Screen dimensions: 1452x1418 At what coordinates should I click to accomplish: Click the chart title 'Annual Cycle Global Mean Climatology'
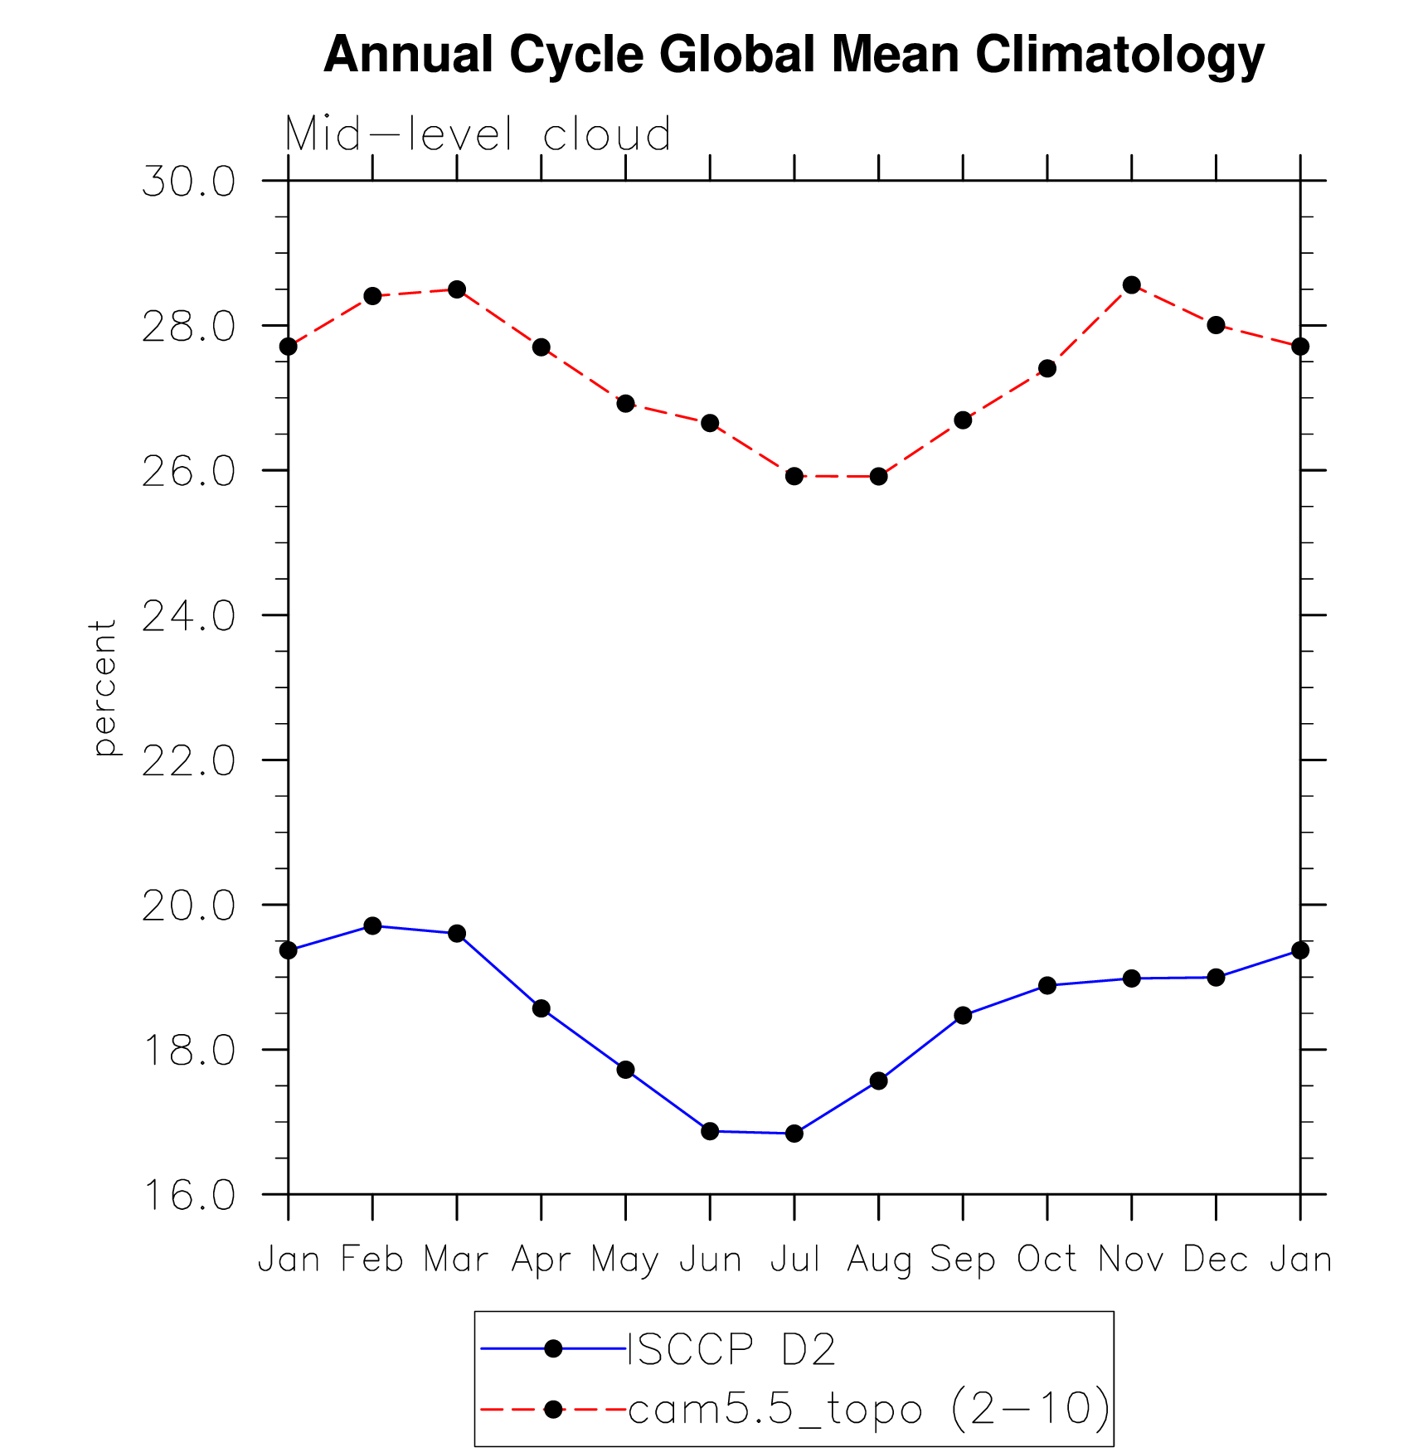[794, 55]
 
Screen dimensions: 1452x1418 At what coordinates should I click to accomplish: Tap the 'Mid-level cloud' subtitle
[478, 134]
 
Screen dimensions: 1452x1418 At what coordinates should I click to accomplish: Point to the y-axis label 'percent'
[104, 687]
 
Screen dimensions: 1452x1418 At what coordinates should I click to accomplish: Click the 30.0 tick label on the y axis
[188, 182]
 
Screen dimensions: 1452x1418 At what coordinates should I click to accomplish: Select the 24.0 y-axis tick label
[188, 616]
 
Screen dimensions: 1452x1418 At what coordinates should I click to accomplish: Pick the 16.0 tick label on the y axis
[188, 1195]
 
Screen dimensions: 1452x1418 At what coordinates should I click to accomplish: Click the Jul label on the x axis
[794, 1260]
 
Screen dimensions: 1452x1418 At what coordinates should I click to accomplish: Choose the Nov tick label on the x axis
[1131, 1260]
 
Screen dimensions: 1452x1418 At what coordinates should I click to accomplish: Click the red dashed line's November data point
[1131, 285]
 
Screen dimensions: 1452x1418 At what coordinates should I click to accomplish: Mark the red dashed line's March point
[457, 289]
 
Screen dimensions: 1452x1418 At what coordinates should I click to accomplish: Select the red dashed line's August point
[878, 476]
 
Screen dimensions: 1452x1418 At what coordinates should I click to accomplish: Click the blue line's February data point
[372, 925]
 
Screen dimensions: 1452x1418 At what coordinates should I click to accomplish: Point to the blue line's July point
[794, 1133]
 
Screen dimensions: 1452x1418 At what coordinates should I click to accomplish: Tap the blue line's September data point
[963, 1015]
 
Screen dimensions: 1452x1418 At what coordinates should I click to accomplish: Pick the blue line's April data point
[541, 1008]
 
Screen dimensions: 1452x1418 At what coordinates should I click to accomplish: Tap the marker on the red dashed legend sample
[553, 1408]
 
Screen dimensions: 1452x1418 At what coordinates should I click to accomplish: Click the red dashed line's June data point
[710, 423]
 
